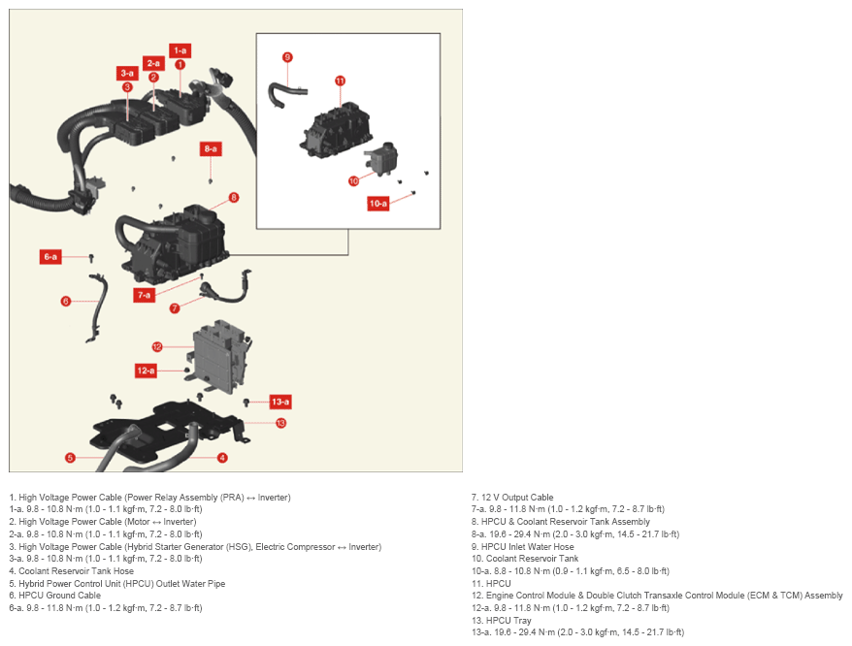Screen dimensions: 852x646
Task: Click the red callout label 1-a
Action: (180, 50)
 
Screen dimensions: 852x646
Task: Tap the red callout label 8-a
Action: (211, 148)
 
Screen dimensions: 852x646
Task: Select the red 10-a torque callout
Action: (378, 203)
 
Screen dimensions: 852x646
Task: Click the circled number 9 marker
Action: (287, 57)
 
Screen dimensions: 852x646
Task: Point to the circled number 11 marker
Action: (341, 81)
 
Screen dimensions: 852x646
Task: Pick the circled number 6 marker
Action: (66, 301)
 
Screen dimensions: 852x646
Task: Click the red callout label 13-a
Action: (280, 402)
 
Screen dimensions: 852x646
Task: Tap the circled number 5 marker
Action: (70, 458)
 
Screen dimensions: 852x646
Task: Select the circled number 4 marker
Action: (222, 458)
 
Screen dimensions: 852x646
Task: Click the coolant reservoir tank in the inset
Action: (381, 159)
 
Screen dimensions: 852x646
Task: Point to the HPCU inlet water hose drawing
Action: (284, 93)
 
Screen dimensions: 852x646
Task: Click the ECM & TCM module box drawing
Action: (220, 356)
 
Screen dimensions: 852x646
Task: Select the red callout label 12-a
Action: (146, 371)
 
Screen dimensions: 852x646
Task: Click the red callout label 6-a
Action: (50, 256)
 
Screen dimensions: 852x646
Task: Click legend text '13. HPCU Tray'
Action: (501, 620)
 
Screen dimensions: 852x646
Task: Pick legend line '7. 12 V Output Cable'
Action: (511, 498)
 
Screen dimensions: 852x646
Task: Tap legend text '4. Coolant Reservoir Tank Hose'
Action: (71, 571)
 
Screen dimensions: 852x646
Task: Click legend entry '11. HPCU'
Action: (491, 584)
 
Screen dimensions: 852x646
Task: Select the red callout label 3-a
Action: (127, 74)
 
